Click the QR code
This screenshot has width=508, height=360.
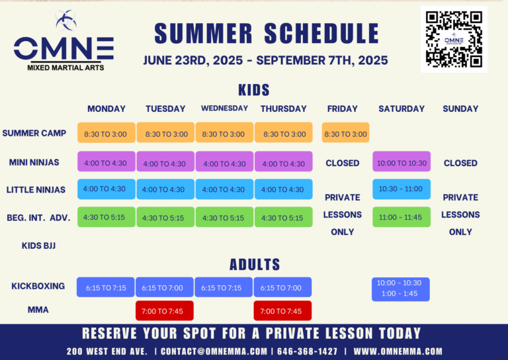454,39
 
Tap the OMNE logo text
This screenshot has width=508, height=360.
63,48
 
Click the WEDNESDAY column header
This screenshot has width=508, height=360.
224,109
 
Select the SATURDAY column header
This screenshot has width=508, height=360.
402,109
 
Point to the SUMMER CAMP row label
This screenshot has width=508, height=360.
34,133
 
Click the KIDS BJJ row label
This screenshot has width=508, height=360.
38,246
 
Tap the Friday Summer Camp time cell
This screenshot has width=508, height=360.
345,132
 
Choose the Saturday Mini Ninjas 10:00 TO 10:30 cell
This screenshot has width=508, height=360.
402,161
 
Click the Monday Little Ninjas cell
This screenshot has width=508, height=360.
106,189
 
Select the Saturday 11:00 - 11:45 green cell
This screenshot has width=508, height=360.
402,217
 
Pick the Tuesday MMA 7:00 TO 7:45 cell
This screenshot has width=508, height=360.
165,311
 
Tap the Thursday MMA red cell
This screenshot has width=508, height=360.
282,311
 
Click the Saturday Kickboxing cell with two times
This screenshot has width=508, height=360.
401,289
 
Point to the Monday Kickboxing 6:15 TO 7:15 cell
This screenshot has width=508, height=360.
106,287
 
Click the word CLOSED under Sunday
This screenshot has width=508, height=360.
460,163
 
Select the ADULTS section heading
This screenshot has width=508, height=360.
255,265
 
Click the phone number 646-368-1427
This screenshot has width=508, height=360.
307,351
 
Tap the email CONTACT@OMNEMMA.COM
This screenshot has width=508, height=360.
214,351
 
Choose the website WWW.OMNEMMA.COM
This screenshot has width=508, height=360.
398,351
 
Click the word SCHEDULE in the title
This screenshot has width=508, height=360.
321,33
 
